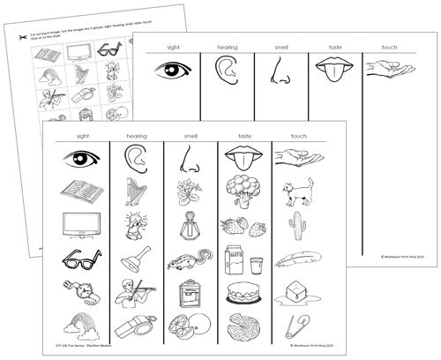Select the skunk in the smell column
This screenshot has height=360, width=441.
(188, 261)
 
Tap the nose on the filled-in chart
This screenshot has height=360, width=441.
(187, 160)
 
